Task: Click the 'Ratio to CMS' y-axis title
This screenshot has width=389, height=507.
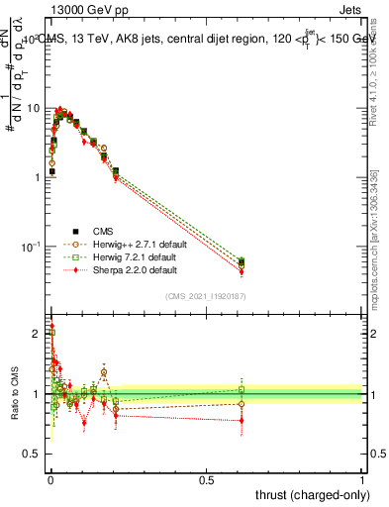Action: [14, 394]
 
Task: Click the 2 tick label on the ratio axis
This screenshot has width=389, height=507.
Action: [38, 334]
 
